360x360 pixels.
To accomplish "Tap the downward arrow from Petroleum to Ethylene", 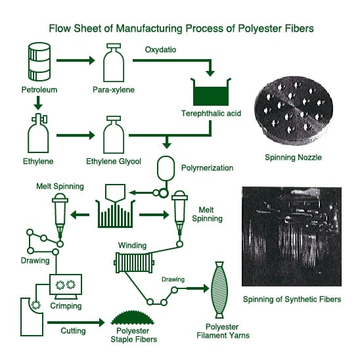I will pyautogui.click(x=38, y=103).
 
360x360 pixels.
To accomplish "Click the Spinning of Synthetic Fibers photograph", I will pyautogui.click(x=292, y=236).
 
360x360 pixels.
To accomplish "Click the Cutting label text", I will pyautogui.click(x=73, y=331).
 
